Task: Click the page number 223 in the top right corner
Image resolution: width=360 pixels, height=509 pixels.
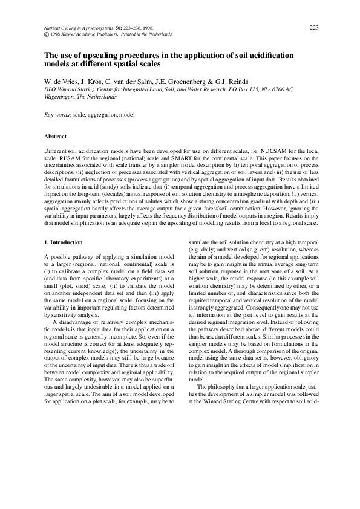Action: [314, 28]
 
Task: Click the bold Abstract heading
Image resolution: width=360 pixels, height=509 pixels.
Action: [56, 136]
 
